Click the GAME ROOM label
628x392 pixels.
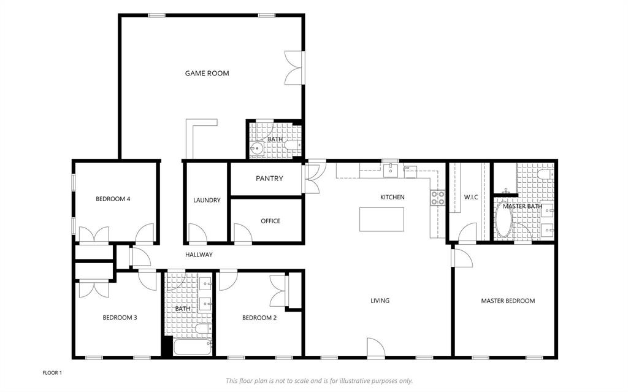point(207,74)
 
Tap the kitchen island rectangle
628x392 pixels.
point(382,219)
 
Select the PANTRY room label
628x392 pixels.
point(269,179)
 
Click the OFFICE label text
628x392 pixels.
point(270,221)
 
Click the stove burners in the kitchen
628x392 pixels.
point(438,198)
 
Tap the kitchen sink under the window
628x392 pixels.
point(391,170)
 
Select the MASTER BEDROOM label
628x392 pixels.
point(508,301)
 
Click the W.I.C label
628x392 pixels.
point(471,197)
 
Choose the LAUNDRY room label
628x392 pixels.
point(207,200)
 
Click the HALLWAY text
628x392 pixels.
point(199,255)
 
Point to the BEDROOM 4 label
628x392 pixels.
point(113,199)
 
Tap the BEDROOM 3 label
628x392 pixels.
point(120,318)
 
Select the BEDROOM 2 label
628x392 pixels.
point(259,318)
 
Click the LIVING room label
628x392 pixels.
point(380,301)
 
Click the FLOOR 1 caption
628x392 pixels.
point(52,372)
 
